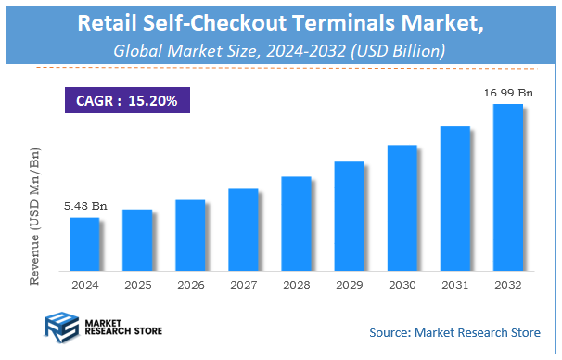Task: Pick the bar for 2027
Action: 242,229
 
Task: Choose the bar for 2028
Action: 295,224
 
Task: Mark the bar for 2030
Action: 402,208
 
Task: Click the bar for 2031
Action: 454,199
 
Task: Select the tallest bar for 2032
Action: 507,187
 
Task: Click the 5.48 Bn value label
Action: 84,206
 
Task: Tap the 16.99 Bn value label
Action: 507,92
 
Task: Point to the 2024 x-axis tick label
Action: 84,284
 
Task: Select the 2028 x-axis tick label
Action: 296,284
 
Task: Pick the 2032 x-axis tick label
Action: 507,284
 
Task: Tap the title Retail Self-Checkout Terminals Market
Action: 280,22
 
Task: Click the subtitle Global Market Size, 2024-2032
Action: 280,50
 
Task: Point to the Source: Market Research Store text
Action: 453,332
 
